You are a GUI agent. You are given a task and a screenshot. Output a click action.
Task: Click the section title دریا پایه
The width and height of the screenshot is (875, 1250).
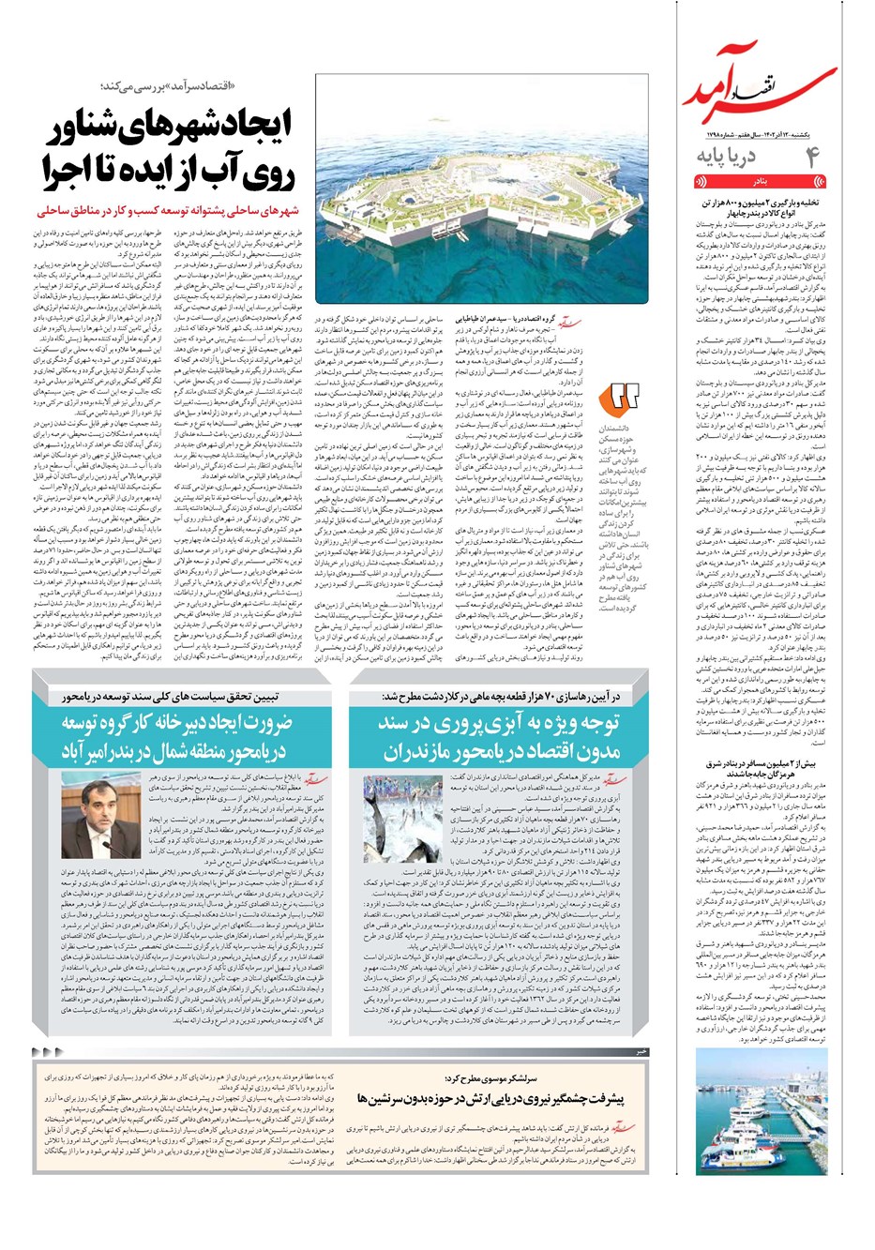pos(727,156)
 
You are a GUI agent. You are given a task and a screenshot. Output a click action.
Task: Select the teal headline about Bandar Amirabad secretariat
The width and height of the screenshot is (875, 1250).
pos(177,738)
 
